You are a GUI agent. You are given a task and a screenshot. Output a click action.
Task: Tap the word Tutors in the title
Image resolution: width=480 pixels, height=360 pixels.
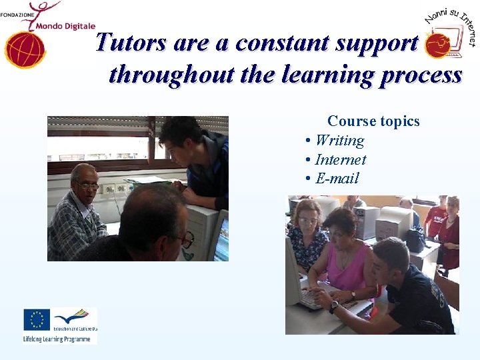131,43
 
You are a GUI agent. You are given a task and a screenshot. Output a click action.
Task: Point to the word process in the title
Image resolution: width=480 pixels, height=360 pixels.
421,75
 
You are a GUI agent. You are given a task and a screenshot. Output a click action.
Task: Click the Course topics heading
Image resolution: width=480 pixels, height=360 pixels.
373,121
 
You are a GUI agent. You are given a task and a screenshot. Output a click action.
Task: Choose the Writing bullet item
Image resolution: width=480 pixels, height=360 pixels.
339,141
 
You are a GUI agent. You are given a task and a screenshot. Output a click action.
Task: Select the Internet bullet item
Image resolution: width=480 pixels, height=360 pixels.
340,160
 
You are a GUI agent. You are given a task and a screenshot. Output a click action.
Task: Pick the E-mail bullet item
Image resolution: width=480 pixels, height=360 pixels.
337,179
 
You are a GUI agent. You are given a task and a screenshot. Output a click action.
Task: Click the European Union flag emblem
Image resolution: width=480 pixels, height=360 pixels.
37,320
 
